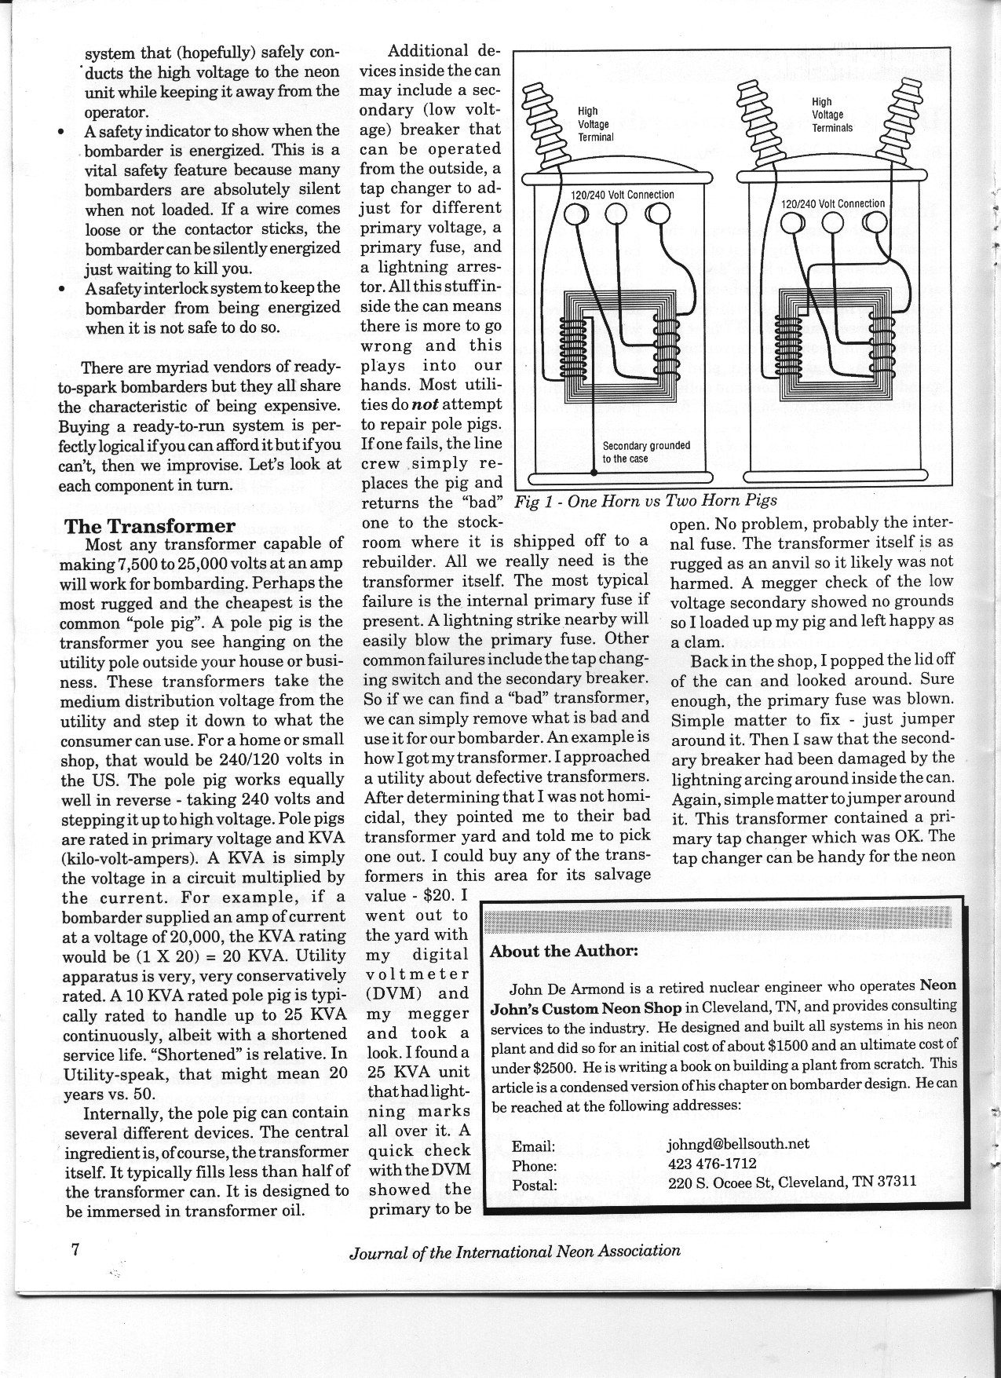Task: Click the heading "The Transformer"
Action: [149, 525]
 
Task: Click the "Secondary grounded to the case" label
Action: [645, 451]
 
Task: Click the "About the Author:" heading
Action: [564, 951]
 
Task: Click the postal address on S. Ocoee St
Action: [791, 1182]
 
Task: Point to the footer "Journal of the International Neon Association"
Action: [514, 1251]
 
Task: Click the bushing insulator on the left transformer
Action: [540, 121]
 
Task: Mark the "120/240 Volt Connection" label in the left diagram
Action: [623, 195]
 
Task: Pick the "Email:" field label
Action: [533, 1146]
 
